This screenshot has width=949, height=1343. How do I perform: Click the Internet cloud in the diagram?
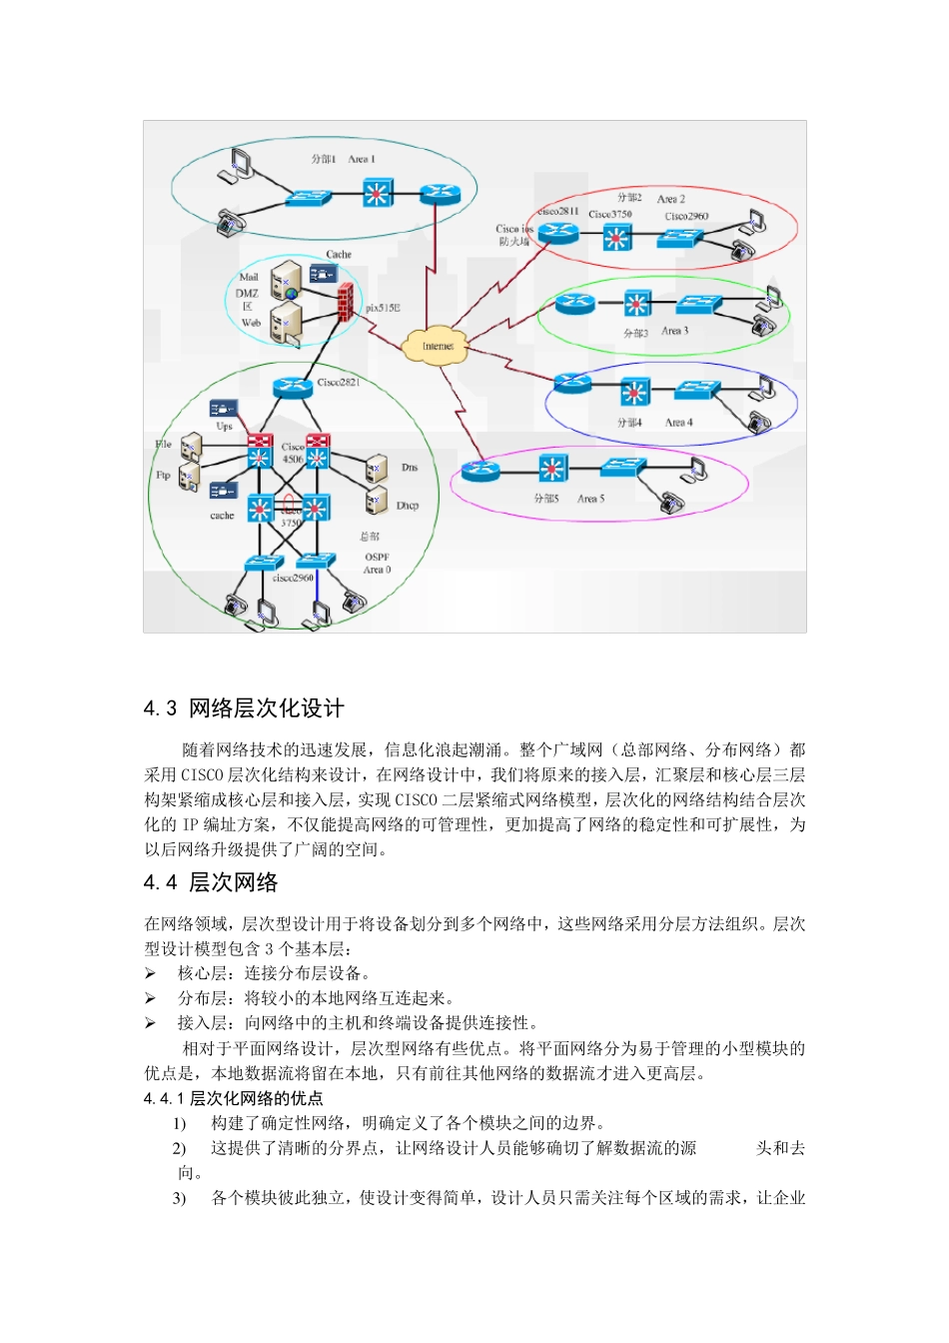pyautogui.click(x=437, y=345)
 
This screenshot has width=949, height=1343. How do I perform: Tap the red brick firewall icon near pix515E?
pyautogui.click(x=346, y=302)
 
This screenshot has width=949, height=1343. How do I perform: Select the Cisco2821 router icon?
pyautogui.click(x=291, y=387)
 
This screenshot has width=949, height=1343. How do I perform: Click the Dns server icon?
pyautogui.click(x=376, y=468)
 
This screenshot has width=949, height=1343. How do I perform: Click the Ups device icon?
pyautogui.click(x=222, y=409)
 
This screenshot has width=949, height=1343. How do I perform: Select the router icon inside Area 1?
pyautogui.click(x=439, y=194)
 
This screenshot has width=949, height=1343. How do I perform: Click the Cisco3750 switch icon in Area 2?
pyautogui.click(x=616, y=238)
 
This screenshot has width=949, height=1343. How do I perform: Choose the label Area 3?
pyautogui.click(x=675, y=331)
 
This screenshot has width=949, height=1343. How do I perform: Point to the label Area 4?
pyautogui.click(x=678, y=423)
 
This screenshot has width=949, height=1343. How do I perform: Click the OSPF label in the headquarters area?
pyautogui.click(x=377, y=557)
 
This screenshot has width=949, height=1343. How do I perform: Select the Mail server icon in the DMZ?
pyautogui.click(x=286, y=277)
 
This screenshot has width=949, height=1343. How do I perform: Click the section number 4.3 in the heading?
pyautogui.click(x=160, y=709)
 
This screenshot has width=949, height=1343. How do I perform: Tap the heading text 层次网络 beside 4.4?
pyautogui.click(x=233, y=883)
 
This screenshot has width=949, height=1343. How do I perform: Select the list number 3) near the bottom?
pyautogui.click(x=179, y=1198)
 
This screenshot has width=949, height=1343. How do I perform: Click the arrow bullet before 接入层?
pyautogui.click(x=150, y=1023)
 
